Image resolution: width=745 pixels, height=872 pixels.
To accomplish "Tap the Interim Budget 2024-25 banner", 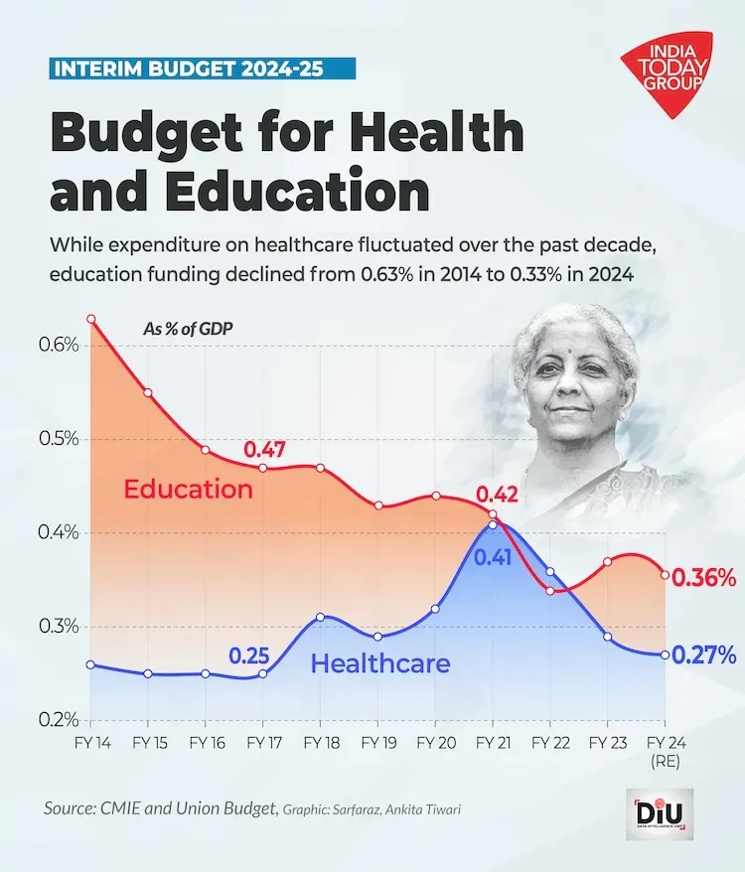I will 202,70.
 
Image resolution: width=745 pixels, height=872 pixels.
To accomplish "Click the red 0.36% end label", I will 703,578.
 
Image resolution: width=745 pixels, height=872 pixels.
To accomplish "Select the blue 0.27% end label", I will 703,654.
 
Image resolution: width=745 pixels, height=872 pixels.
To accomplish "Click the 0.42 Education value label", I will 496,494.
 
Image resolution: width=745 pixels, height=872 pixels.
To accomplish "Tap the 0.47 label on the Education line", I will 264,449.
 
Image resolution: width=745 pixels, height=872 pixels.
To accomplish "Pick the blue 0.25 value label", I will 248,655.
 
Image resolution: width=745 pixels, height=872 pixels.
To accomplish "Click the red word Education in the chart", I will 188,489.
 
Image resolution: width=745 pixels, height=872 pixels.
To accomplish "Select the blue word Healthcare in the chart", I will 380,663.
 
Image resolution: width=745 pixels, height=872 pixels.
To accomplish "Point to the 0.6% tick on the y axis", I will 59,345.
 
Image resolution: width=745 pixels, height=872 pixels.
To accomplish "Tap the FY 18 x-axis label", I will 320,742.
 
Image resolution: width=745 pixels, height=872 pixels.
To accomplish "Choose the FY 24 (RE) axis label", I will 664,750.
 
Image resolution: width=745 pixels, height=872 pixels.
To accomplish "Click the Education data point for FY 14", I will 90,319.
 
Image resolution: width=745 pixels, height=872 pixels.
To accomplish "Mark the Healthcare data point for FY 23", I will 608,637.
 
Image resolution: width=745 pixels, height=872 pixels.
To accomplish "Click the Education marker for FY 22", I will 550,591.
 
